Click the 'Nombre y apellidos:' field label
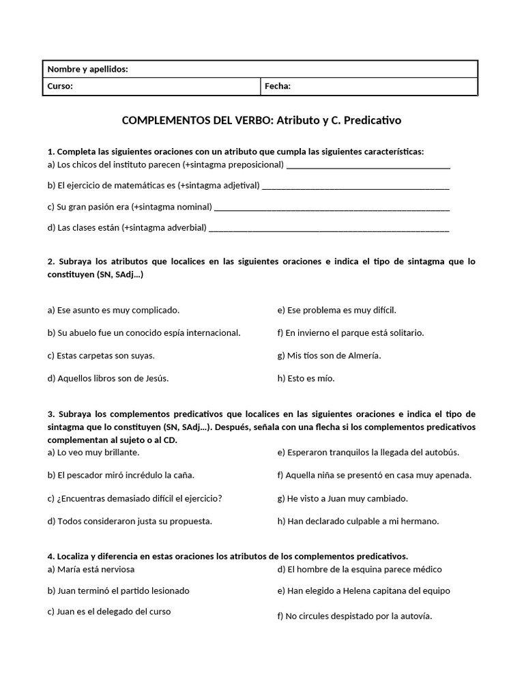[x=87, y=69]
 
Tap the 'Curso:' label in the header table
[x=60, y=86]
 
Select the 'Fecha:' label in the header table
[x=278, y=86]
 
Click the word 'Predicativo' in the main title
[x=373, y=120]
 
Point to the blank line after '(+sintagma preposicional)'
[x=368, y=166]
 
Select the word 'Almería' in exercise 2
[x=364, y=355]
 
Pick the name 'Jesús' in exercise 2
[x=154, y=377]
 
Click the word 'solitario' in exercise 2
[x=402, y=332]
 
